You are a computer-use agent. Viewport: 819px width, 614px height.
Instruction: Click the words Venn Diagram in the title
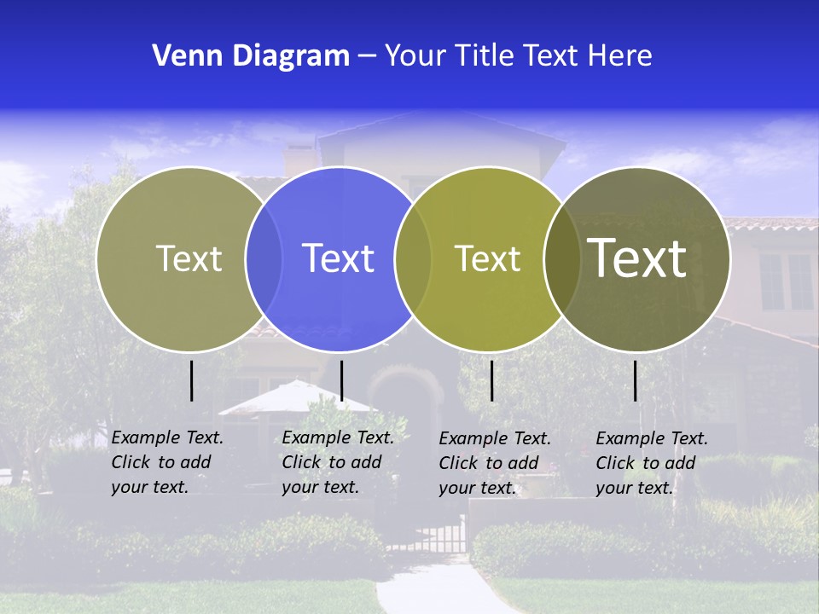[x=251, y=56]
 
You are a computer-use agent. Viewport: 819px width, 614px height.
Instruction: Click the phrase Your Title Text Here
[x=518, y=56]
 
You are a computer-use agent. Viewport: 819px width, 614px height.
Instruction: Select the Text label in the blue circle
[x=338, y=258]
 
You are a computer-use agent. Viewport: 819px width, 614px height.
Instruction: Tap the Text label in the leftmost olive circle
[x=189, y=258]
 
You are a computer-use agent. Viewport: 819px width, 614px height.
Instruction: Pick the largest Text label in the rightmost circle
[x=637, y=258]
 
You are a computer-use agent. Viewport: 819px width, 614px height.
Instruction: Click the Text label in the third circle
[x=487, y=258]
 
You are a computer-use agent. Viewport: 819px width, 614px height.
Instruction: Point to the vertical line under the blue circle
[x=341, y=380]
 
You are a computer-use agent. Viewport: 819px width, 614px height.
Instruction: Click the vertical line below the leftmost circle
[x=192, y=380]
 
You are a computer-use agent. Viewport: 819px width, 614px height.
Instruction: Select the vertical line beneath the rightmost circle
[x=636, y=380]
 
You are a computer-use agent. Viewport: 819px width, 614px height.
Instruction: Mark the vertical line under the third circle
[x=492, y=380]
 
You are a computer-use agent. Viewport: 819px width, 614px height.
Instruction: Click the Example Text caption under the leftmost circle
[x=167, y=462]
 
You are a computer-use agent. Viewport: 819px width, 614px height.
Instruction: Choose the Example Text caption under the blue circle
[x=338, y=462]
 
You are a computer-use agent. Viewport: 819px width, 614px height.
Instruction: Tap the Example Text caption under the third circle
[x=495, y=463]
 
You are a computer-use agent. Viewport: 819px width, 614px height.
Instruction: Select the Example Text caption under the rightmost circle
[x=652, y=463]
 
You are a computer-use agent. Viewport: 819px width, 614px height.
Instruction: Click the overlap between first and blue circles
[x=264, y=258]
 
